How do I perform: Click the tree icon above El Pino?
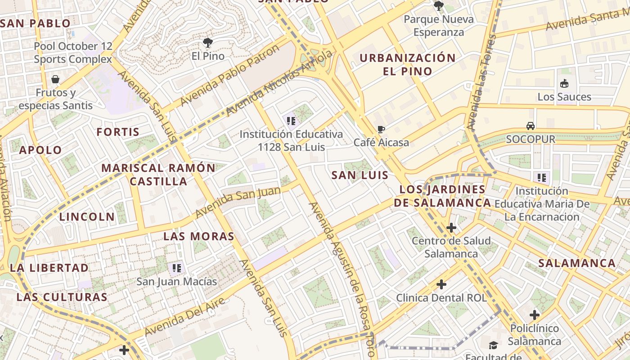pyautogui.click(x=207, y=43)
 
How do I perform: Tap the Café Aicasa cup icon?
pyautogui.click(x=381, y=130)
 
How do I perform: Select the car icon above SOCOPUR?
pyautogui.click(x=531, y=126)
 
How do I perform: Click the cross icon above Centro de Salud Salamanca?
pyautogui.click(x=451, y=228)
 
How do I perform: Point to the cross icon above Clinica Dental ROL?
pyautogui.click(x=441, y=284)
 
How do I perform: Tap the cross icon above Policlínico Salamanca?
pyautogui.click(x=535, y=315)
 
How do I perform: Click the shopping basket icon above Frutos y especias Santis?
pyautogui.click(x=55, y=80)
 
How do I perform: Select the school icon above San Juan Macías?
pyautogui.click(x=177, y=269)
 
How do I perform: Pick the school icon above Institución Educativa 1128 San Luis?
pyautogui.click(x=291, y=121)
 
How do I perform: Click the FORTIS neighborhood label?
pyautogui.click(x=118, y=132)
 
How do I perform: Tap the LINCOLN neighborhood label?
pyautogui.click(x=87, y=217)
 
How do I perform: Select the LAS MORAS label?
pyautogui.click(x=198, y=236)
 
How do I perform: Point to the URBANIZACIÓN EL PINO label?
pyautogui.click(x=407, y=64)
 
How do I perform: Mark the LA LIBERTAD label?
pyautogui.click(x=49, y=268)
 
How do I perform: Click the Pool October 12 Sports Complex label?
pyautogui.click(x=73, y=53)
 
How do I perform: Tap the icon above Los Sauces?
pyautogui.click(x=564, y=84)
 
